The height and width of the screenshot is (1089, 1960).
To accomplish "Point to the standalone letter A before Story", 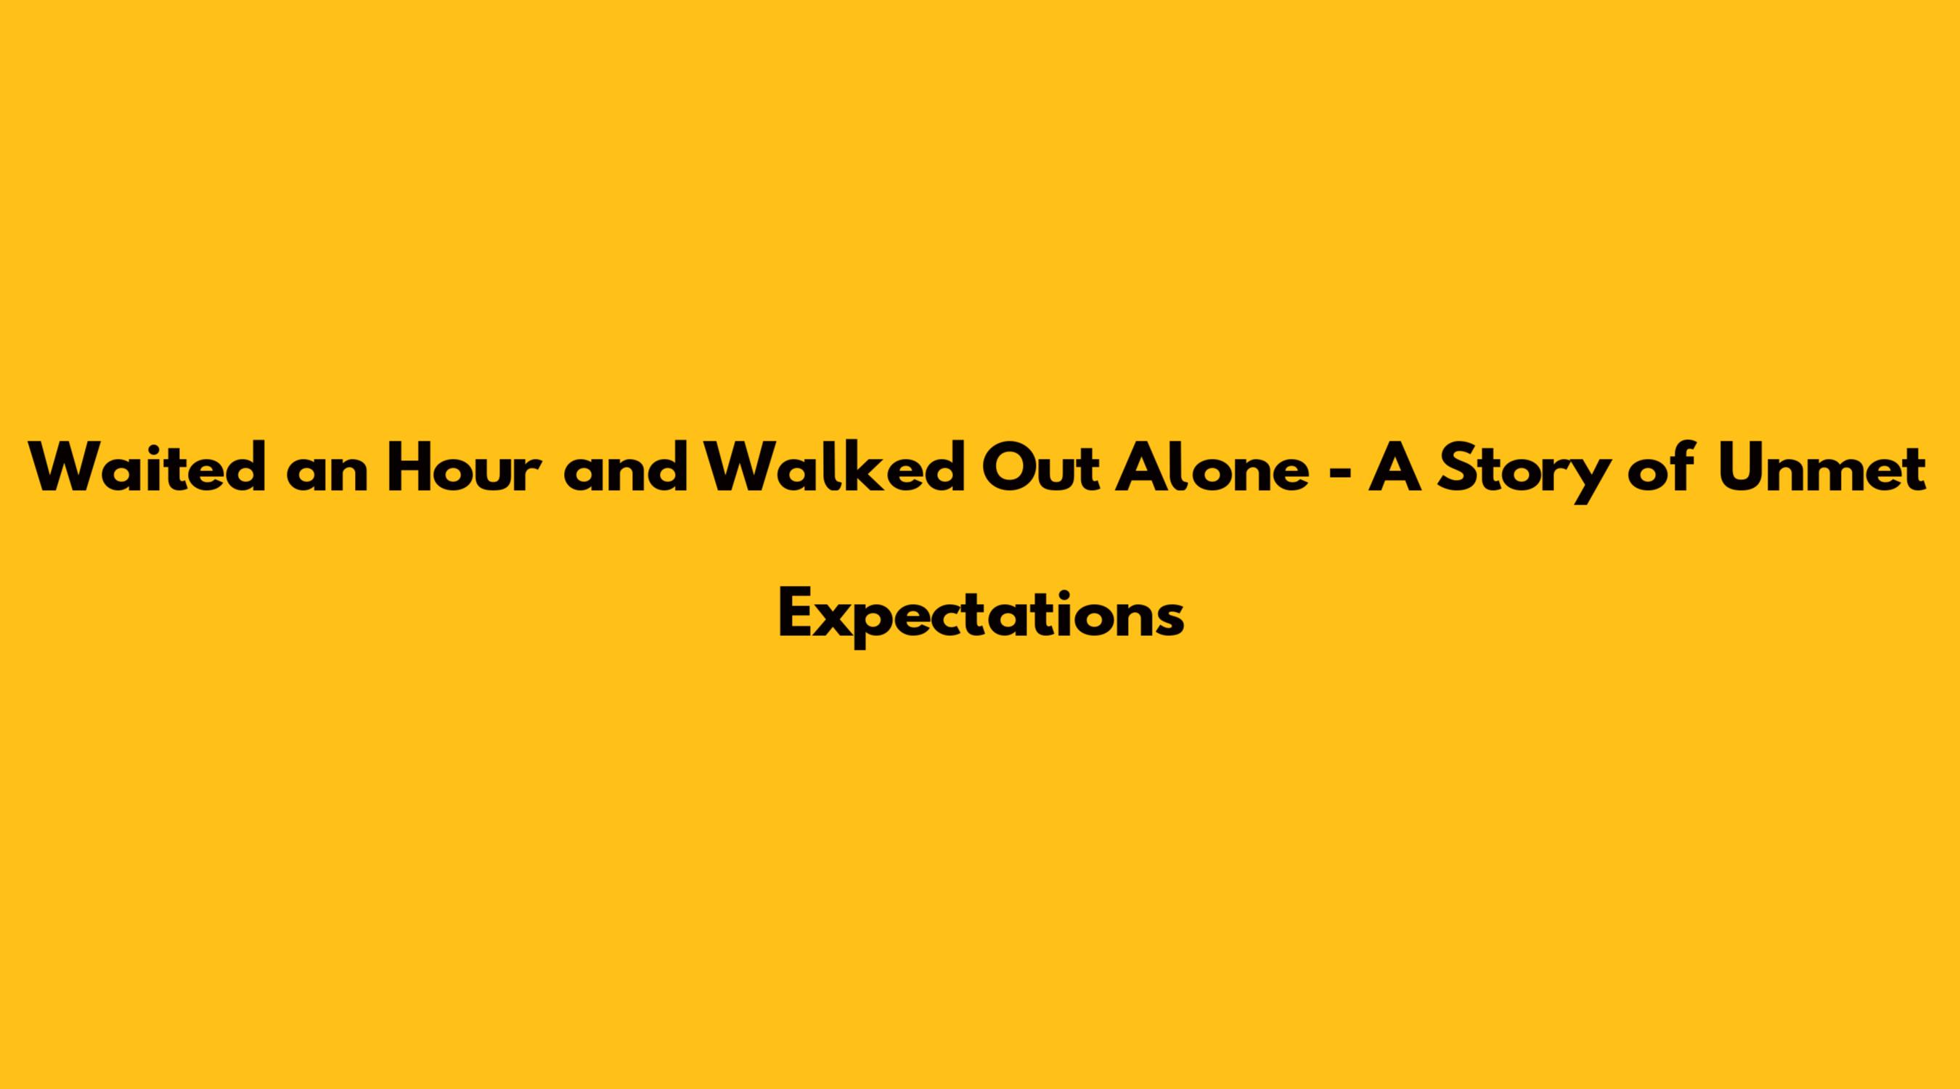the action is [1395, 468].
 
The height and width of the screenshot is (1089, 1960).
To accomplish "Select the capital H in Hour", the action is [409, 468].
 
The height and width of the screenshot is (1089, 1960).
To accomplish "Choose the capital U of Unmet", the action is [1741, 469].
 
